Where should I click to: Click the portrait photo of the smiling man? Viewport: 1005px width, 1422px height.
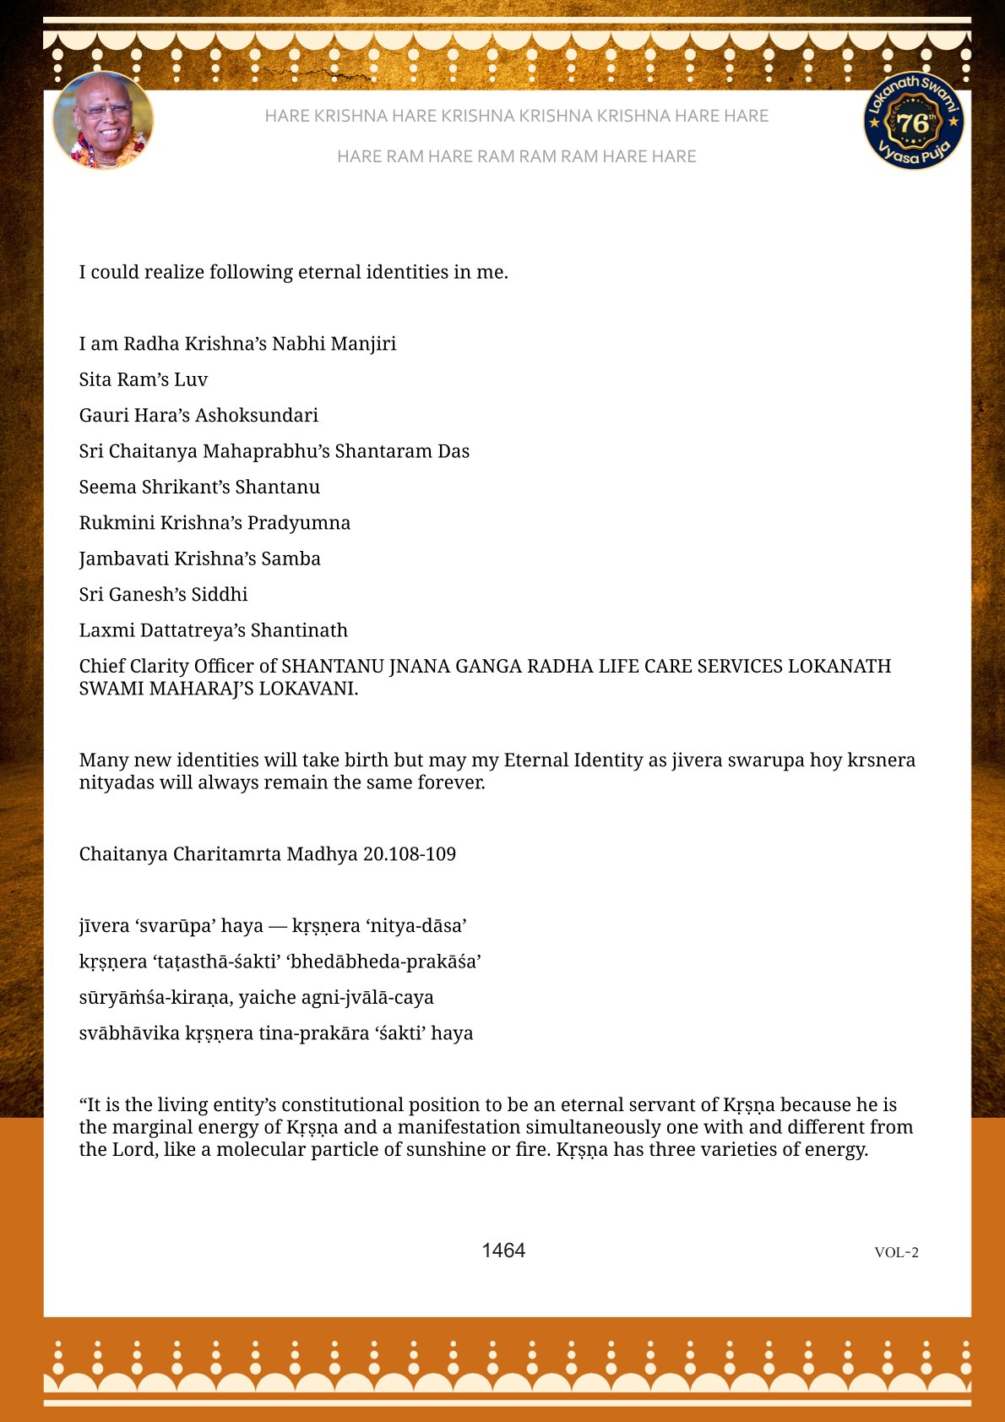coord(103,120)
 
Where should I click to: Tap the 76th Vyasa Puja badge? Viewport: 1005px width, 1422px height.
coord(913,121)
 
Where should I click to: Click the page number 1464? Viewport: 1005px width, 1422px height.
coord(503,1250)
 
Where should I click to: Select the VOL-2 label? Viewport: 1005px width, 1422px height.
coord(896,1252)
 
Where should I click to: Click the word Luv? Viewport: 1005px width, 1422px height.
coord(191,379)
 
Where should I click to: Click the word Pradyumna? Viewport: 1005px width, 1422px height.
coord(299,522)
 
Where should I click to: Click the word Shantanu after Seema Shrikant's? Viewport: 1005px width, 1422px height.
coord(278,487)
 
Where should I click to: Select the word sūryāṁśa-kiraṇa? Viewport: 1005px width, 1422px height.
coord(154,997)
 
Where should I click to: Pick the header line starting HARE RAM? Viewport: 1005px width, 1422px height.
coord(516,156)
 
